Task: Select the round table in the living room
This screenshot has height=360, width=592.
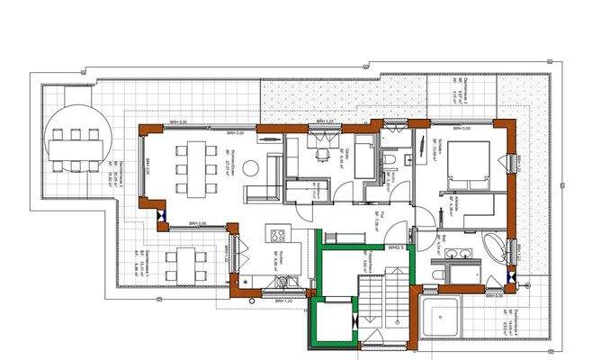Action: tap(252, 167)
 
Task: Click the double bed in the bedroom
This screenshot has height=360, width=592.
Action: tap(469, 164)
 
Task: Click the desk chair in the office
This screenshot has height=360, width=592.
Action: tap(323, 155)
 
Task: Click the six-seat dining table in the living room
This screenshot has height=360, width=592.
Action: tap(195, 166)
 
